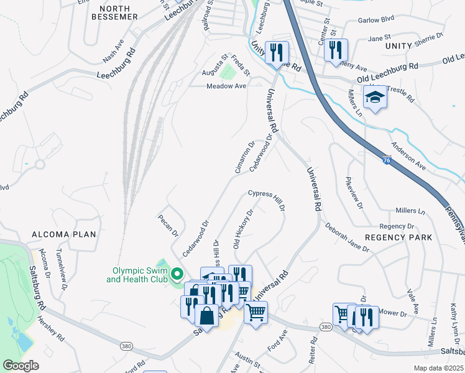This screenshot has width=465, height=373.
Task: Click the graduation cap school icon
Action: tap(375, 98)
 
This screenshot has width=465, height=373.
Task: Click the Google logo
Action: tap(20, 366)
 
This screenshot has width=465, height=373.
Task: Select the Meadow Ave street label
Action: tap(227, 86)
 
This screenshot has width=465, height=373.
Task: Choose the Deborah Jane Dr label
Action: tap(346, 237)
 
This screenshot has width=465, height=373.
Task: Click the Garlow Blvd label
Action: tap(377, 20)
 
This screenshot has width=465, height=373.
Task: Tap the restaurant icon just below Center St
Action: tap(336, 50)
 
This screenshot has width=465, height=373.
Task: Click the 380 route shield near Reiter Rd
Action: tap(325, 326)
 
